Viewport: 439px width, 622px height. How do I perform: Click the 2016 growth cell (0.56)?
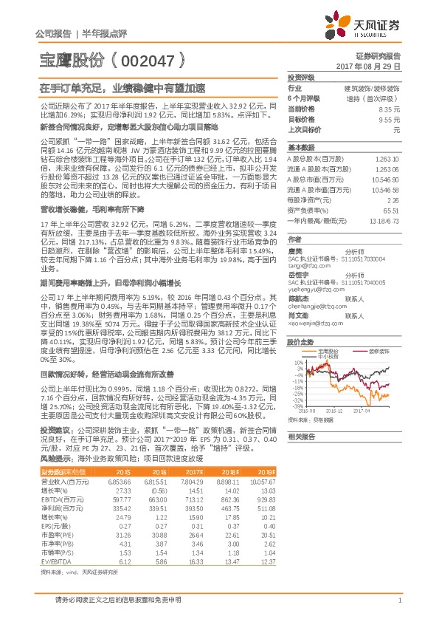pyautogui.click(x=159, y=490)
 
